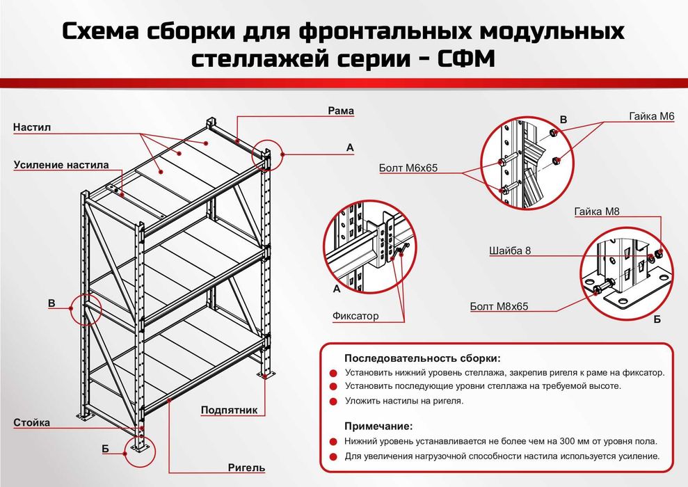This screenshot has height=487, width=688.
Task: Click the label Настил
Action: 32,128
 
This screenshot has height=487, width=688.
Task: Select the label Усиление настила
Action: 61,165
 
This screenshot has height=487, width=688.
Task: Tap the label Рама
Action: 341,111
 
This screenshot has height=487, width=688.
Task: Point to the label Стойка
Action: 32,422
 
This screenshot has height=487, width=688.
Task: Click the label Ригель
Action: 246,468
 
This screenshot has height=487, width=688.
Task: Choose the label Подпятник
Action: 229,410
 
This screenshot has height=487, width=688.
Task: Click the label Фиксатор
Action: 355,316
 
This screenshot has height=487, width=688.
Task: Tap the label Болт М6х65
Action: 408,168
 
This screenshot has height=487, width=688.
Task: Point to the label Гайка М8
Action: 597,210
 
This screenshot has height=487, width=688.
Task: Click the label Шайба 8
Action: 510,251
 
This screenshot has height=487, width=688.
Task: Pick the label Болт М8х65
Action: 499,306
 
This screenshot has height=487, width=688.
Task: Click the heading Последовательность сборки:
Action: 422,358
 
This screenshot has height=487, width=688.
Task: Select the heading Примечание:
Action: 378,426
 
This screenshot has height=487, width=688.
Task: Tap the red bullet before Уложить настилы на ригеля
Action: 332,401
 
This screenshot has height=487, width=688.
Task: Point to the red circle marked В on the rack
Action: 86,309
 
